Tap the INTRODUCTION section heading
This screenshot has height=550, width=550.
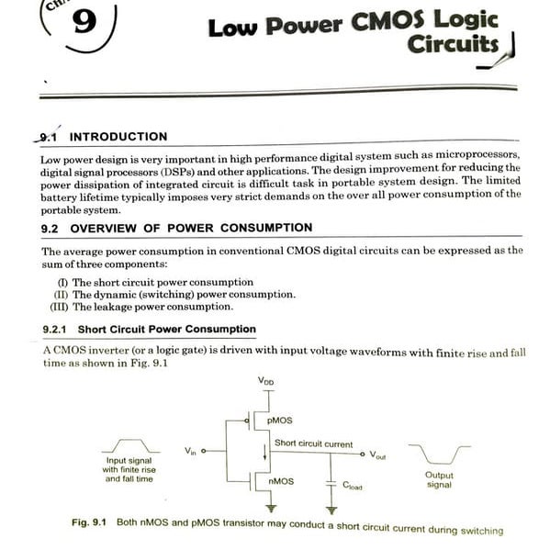[x=118, y=137]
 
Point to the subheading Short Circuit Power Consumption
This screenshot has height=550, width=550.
[x=166, y=329]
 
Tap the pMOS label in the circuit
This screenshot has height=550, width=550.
[x=280, y=420]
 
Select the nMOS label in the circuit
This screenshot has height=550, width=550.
[x=281, y=480]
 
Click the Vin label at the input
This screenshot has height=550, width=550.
[x=190, y=450]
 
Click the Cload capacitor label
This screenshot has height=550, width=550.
[x=354, y=486]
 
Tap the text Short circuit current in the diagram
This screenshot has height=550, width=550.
[x=313, y=443]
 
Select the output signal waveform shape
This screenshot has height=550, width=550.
[x=439, y=453]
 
